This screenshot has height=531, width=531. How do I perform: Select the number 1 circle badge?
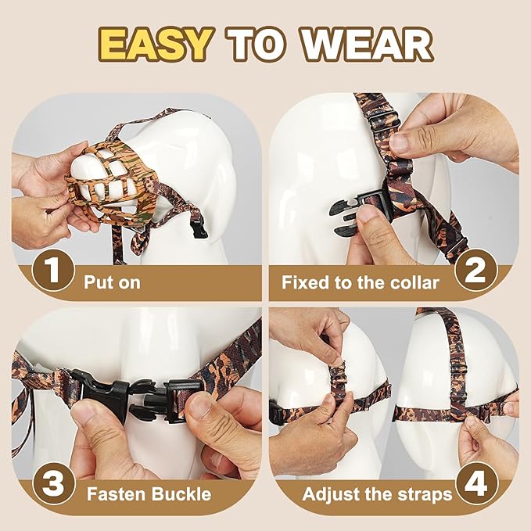coord(52,273)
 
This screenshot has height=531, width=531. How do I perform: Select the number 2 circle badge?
coord(476,273)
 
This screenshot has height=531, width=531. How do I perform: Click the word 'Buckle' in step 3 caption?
coord(182,494)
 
